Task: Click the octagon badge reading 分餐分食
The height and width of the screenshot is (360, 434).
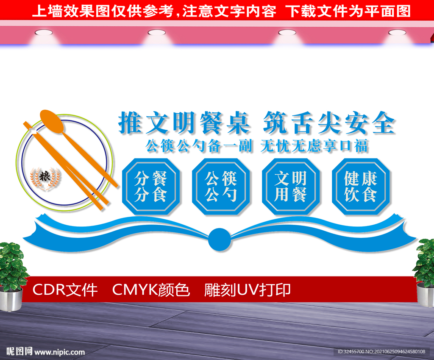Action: tap(151, 187)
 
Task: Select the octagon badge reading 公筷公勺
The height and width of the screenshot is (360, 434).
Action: tap(221, 187)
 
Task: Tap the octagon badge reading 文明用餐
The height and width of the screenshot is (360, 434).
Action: tap(291, 187)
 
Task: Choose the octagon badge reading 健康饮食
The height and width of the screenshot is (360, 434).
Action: tap(361, 187)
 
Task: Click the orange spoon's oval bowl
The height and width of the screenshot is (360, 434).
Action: tap(52, 121)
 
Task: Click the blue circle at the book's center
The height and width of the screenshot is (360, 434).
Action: tap(220, 240)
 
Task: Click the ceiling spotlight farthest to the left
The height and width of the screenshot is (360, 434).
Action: tap(44, 33)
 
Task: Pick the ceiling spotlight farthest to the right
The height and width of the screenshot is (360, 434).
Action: tap(397, 33)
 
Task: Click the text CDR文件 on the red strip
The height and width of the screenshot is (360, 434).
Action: tap(65, 290)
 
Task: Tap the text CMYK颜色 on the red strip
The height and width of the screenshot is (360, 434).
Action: tap(151, 290)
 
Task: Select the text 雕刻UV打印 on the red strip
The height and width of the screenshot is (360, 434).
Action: tap(248, 290)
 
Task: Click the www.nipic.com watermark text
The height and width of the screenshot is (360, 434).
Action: tap(59, 352)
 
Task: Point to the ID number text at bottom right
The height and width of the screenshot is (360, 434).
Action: tap(381, 352)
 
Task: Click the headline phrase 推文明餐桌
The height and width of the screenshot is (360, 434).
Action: tap(184, 123)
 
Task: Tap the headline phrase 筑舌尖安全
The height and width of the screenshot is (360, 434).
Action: tap(329, 123)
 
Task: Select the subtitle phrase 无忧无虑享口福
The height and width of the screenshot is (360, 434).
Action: tap(314, 146)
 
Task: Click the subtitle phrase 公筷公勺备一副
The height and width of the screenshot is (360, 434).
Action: tap(199, 146)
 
